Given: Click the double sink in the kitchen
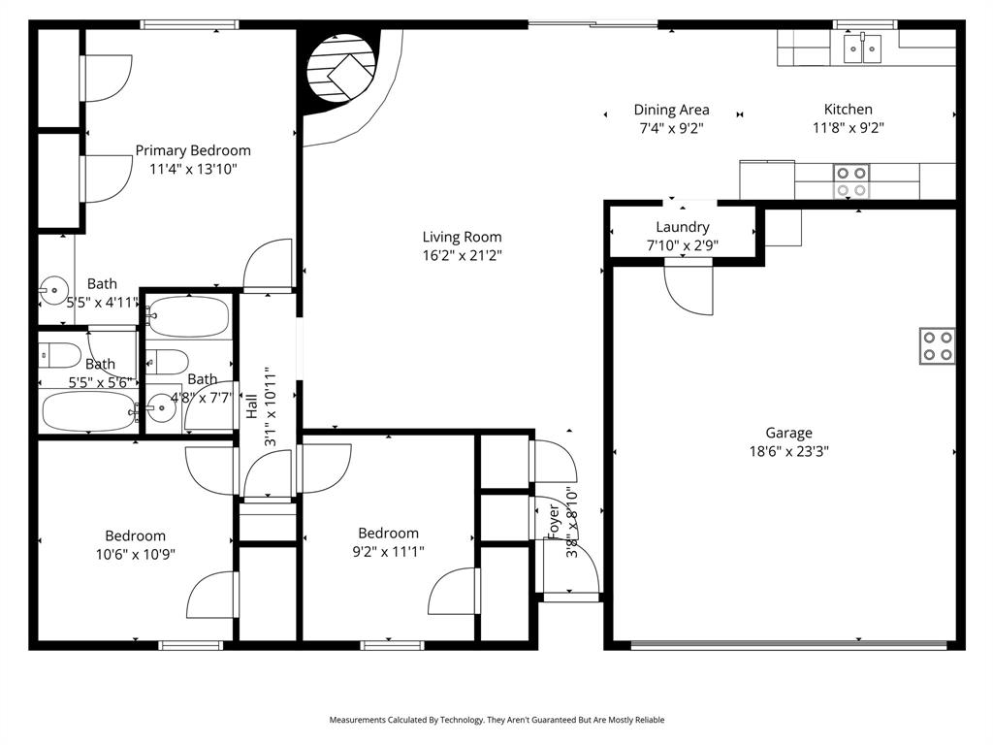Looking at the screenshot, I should coord(861,48).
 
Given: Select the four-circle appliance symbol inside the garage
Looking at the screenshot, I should coord(937,346).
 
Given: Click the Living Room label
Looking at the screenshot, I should coord(462,237).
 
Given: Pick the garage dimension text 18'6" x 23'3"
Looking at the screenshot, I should coord(788,451).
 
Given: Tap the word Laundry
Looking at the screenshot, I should coord(683,227).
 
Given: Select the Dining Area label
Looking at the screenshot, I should coord(671,110).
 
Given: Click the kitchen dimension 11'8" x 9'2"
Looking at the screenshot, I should coord(848,127).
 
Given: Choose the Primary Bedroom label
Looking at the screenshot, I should coord(193,150).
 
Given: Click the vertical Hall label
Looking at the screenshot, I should coord(251,406).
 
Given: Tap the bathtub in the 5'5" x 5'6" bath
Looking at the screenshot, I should coord(87,411).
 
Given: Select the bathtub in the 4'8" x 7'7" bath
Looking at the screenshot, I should coord(189,317).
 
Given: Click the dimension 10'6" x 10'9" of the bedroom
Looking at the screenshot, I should coord(135,554).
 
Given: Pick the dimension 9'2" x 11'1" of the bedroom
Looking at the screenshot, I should coord(388,551).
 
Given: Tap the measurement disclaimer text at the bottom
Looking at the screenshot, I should coord(496,720).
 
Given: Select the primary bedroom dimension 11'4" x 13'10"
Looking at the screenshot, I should coord(193,169).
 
